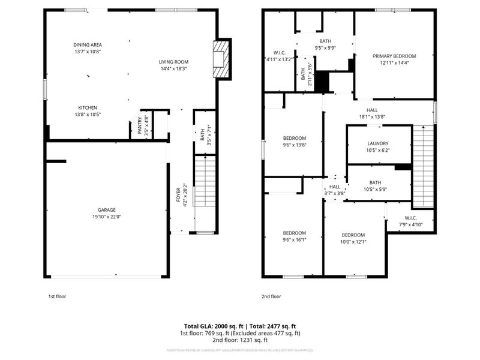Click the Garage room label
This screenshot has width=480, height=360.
click(x=103, y=210)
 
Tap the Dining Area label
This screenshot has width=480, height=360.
click(x=87, y=44)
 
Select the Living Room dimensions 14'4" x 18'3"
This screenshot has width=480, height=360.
click(x=173, y=68)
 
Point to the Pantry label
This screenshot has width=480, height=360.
click(x=140, y=128)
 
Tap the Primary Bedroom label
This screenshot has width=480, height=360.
click(x=394, y=56)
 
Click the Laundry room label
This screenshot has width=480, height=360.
click(x=379, y=143)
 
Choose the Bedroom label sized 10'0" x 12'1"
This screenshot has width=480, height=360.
click(x=353, y=235)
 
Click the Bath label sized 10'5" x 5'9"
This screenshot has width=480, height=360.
click(x=375, y=182)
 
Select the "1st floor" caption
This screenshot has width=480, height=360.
click(x=57, y=296)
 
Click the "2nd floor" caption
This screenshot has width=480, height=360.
click(x=271, y=296)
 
